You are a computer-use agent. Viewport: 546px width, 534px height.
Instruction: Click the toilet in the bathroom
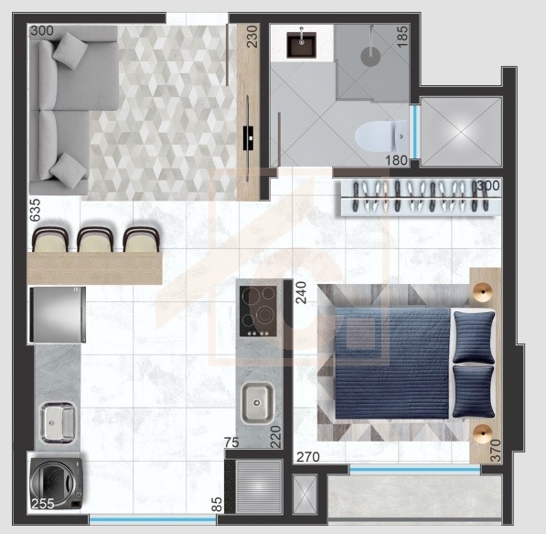pos(381,136)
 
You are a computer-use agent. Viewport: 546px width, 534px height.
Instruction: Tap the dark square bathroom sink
pos(302,45)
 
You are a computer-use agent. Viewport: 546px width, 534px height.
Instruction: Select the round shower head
pos(370,57)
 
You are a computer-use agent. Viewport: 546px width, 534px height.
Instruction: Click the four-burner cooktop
pos(259,311)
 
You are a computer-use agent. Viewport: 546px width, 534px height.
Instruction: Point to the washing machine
pos(56,484)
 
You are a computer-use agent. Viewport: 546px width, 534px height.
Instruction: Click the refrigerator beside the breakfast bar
pos(58,315)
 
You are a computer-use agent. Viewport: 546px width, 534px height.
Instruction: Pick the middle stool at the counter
pos(95,239)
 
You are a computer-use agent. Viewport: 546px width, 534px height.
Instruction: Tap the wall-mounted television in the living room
pos(248,138)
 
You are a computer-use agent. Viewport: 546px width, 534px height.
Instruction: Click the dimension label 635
pos(35,210)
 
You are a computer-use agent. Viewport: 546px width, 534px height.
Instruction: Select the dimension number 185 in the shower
pos(402,37)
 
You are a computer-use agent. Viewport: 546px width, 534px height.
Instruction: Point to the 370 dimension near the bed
pos(495,451)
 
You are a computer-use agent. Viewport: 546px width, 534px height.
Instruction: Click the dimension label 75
pos(231,442)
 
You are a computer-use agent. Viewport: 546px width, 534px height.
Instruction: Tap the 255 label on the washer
pos(43,504)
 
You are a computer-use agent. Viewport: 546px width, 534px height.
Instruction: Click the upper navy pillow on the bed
pos(474,337)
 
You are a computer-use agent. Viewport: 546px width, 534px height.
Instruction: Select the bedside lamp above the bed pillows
pos(483,290)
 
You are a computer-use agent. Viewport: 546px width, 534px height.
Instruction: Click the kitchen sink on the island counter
pos(257,403)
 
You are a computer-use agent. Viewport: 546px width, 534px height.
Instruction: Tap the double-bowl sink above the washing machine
pos(58,422)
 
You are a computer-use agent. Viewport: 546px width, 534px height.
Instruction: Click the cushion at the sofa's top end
pos(70,51)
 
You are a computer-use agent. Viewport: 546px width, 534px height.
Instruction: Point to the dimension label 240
pos(301,292)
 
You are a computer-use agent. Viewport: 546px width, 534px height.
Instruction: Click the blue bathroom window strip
pos(414,132)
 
